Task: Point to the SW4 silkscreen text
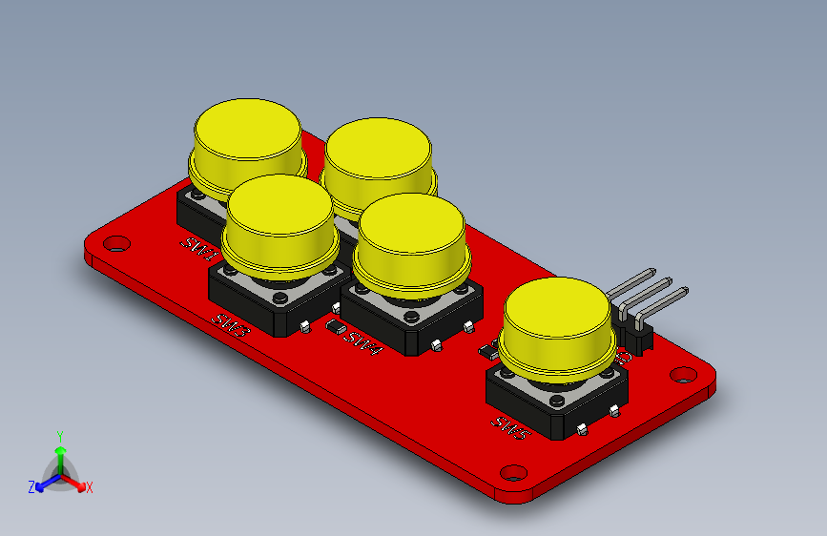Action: [363, 342]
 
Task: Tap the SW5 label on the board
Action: [509, 426]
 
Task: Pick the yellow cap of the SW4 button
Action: [412, 238]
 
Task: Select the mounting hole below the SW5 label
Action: [513, 471]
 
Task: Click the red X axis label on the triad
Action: [90, 487]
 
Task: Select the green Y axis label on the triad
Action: [59, 435]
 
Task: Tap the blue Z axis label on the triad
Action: [31, 486]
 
